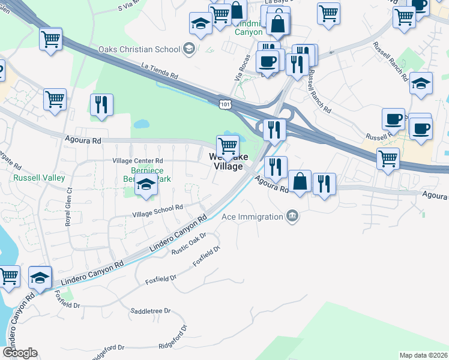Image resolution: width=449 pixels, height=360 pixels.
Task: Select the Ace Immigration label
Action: (252, 217)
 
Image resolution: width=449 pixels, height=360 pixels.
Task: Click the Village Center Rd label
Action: (138, 161)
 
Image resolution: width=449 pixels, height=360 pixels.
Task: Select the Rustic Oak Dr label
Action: (189, 243)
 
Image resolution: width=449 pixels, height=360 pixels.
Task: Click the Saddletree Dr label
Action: (151, 311)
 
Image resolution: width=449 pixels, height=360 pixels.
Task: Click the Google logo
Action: (19, 353)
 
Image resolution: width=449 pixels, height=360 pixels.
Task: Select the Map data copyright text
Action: (423, 355)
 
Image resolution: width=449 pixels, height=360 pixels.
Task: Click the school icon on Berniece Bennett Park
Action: (145, 185)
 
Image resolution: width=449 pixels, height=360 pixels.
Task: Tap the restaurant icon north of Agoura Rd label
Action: (276, 166)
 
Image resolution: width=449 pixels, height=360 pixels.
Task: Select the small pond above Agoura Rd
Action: (142, 125)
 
